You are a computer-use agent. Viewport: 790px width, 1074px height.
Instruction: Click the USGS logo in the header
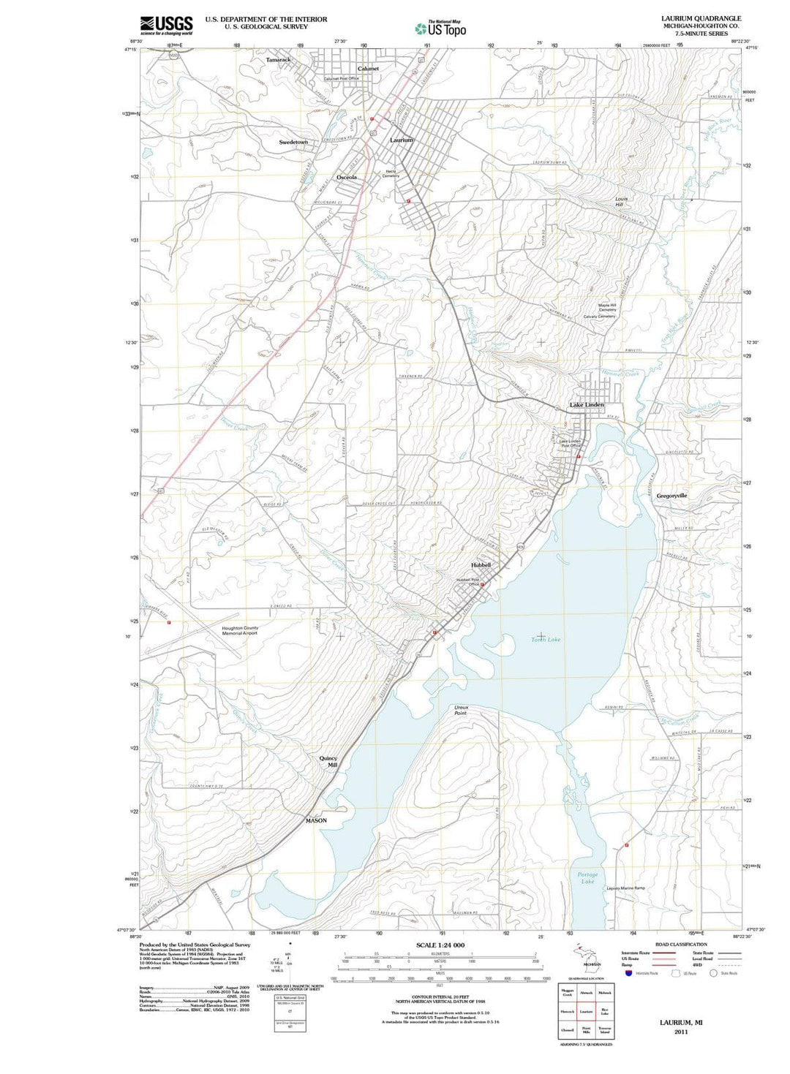[166, 25]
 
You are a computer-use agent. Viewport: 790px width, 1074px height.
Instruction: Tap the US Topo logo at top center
[440, 29]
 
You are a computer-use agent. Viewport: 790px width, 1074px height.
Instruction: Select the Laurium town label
[402, 140]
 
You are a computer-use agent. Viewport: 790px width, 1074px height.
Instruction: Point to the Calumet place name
[368, 69]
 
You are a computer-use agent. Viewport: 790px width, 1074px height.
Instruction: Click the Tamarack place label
[278, 59]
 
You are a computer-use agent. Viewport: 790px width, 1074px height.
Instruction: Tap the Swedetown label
[293, 142]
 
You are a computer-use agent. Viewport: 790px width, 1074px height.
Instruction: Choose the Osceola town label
[347, 178]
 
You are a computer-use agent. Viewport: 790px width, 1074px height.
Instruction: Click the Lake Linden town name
[587, 404]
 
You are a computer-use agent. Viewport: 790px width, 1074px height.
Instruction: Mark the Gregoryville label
[671, 496]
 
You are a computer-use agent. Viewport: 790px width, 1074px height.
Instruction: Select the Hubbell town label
[481, 565]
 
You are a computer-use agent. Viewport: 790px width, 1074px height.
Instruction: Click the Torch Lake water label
[546, 640]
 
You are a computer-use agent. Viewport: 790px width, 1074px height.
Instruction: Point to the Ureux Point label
[461, 710]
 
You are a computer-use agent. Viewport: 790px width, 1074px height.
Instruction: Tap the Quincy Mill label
[328, 761]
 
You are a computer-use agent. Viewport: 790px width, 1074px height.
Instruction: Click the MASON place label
[316, 820]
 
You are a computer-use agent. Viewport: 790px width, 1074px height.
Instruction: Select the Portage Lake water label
[587, 877]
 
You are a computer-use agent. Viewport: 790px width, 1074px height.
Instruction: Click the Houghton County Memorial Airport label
[240, 630]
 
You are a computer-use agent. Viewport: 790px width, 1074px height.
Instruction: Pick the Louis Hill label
[621, 201]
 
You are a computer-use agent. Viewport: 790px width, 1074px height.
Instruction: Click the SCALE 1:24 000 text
[440, 945]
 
